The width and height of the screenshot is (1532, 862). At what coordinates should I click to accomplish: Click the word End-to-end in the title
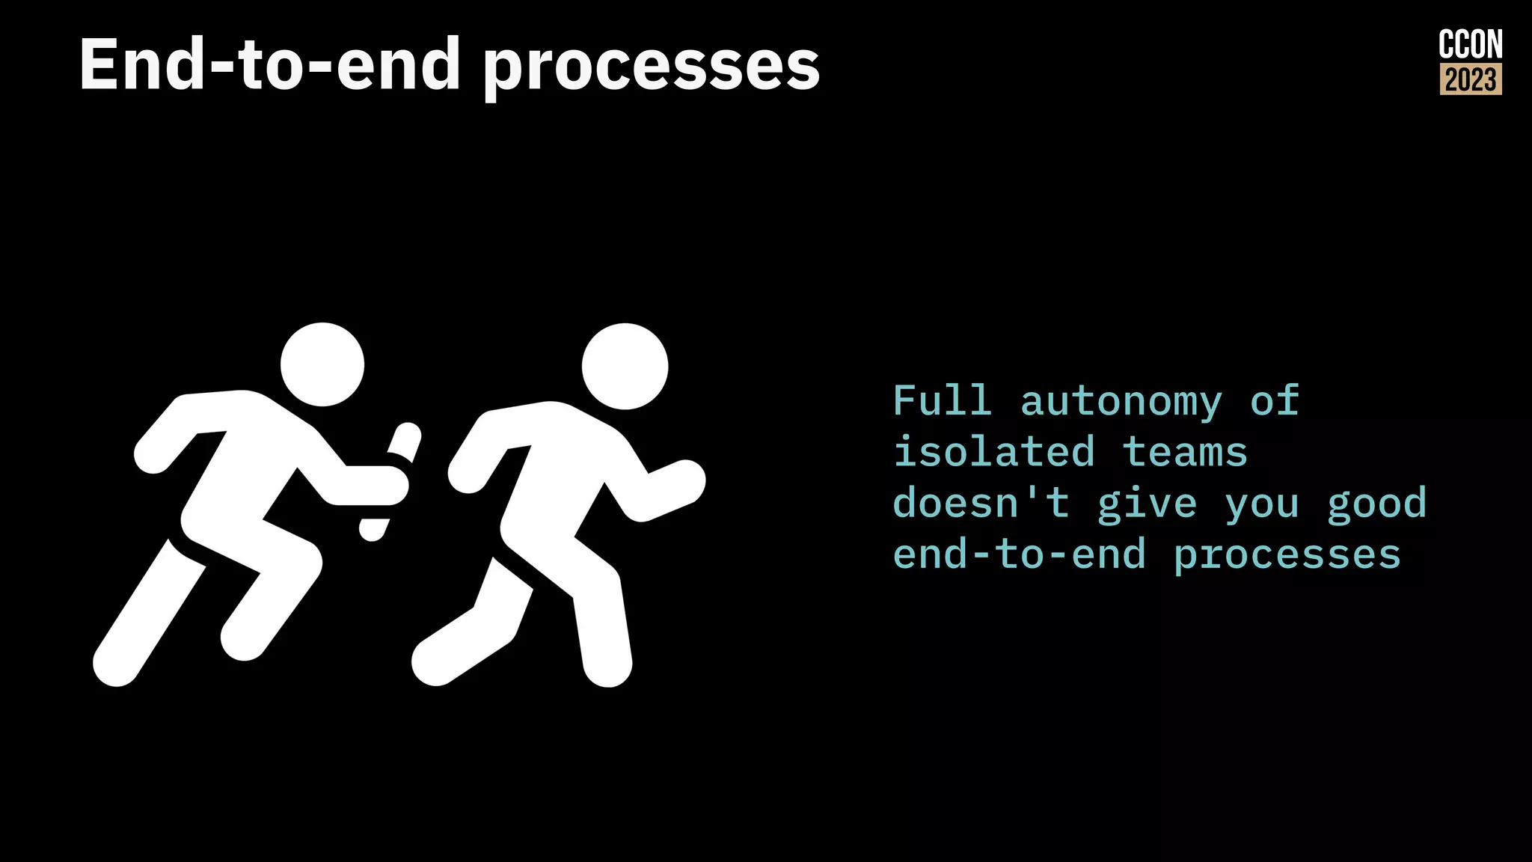coord(269,65)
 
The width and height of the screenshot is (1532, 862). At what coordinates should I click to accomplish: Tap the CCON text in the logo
coord(1470,45)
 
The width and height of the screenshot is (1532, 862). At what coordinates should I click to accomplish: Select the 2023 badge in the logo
coord(1471,79)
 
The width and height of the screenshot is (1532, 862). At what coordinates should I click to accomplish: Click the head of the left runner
coord(322,364)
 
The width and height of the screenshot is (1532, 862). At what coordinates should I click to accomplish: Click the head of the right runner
coord(625,366)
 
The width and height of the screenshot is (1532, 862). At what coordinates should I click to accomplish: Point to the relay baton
coord(390,479)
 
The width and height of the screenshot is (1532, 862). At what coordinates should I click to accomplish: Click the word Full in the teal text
coord(943,401)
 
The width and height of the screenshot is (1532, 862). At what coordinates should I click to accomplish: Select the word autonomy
coord(1121,403)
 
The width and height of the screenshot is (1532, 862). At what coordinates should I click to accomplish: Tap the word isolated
coord(994,452)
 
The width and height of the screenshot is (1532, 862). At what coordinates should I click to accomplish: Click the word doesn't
coord(981,503)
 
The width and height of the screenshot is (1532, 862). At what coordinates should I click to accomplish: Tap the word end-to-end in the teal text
coord(1019,554)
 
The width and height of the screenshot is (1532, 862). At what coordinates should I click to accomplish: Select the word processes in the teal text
coord(1287,556)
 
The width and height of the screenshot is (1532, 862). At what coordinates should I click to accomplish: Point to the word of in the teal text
coord(1275,401)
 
